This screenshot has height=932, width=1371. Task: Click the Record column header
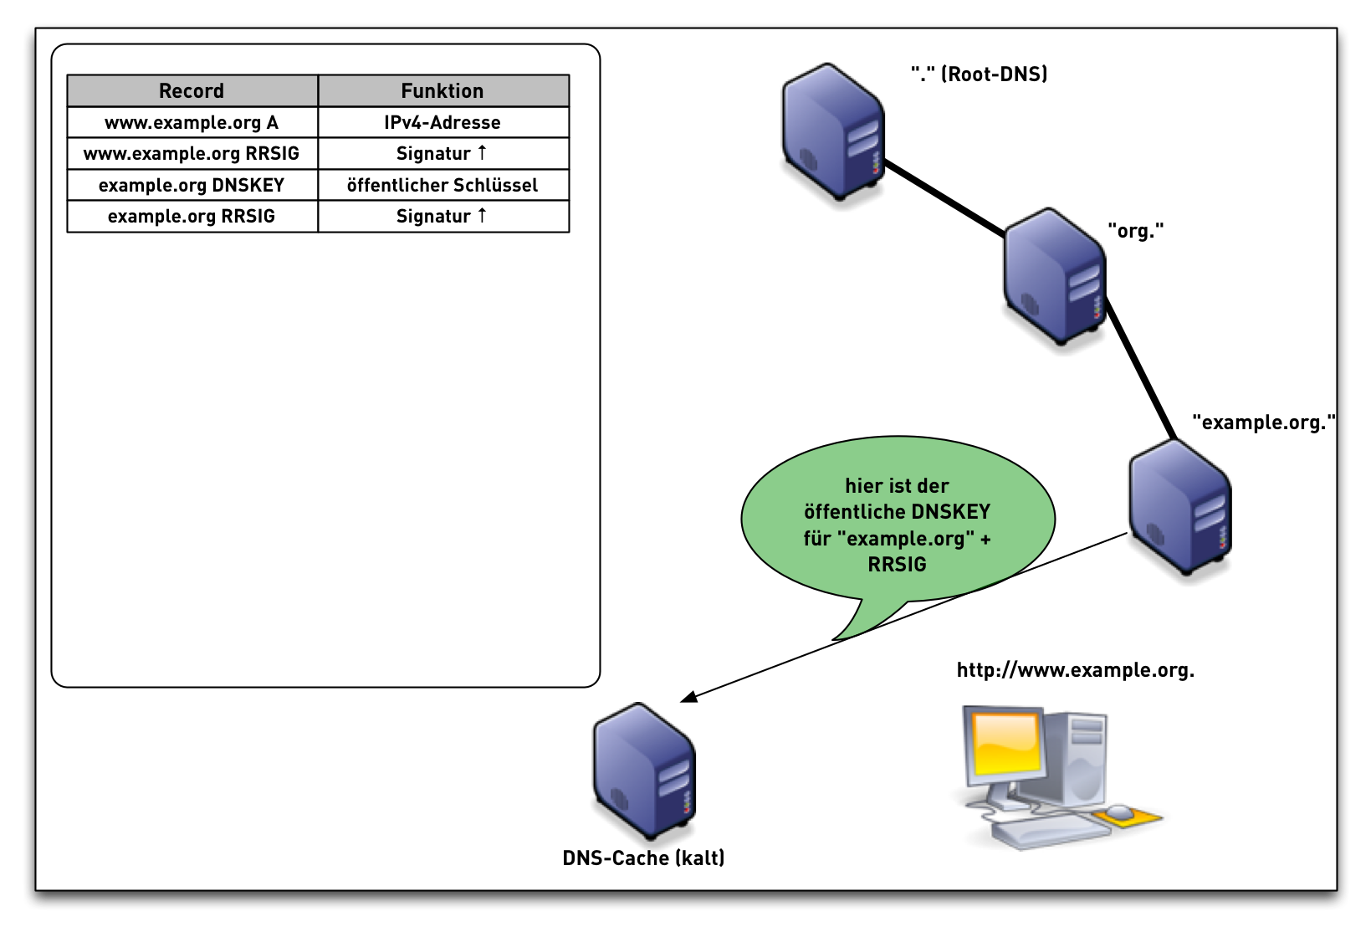tap(192, 90)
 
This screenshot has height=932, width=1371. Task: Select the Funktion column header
tap(443, 90)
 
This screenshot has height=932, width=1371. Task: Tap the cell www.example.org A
tap(192, 122)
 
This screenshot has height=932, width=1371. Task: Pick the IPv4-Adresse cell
tap(443, 122)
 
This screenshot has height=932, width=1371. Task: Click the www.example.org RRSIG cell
tap(192, 153)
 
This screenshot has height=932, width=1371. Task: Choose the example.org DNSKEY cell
tap(192, 185)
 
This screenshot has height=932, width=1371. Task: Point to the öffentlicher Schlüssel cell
tap(443, 185)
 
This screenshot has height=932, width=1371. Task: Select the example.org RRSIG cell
tap(192, 216)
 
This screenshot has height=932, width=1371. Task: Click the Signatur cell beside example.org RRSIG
tap(443, 216)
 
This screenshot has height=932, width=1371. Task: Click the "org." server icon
tap(1054, 276)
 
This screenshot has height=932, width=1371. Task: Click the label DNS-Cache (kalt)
tap(643, 858)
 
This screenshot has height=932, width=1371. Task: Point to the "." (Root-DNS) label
tap(979, 74)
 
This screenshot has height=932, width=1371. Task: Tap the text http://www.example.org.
tap(1075, 670)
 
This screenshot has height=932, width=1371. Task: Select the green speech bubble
tap(897, 523)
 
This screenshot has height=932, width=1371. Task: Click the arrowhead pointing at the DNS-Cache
tap(688, 697)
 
